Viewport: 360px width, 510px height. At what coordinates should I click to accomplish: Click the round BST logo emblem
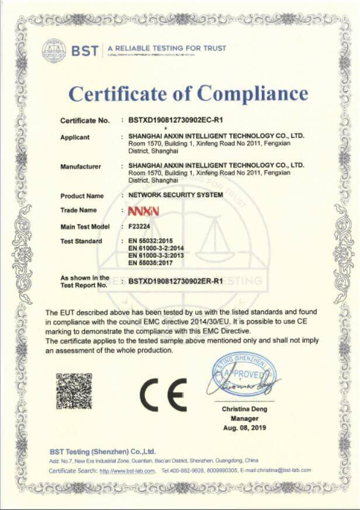pyautogui.click(x=54, y=50)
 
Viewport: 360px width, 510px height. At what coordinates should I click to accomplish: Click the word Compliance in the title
pyautogui.click(x=252, y=93)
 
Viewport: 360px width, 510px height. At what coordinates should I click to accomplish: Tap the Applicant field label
pyautogui.click(x=75, y=137)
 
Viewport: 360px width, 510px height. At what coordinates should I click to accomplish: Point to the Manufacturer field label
pyautogui.click(x=81, y=167)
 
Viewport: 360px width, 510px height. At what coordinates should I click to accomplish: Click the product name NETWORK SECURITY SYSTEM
pyautogui.click(x=175, y=195)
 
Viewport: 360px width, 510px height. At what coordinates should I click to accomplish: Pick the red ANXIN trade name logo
pyautogui.click(x=140, y=210)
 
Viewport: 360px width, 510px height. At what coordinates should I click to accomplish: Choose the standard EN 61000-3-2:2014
pyautogui.click(x=155, y=249)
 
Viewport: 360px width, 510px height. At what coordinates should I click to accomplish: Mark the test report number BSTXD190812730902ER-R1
pyautogui.click(x=176, y=281)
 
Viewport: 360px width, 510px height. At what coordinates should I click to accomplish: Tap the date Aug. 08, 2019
pyautogui.click(x=244, y=429)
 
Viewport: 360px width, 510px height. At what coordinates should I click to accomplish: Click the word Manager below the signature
pyautogui.click(x=244, y=419)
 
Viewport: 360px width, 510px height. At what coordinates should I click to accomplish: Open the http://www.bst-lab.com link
pyautogui.click(x=127, y=471)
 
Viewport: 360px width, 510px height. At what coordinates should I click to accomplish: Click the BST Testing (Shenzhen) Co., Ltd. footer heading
pyautogui.click(x=103, y=451)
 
